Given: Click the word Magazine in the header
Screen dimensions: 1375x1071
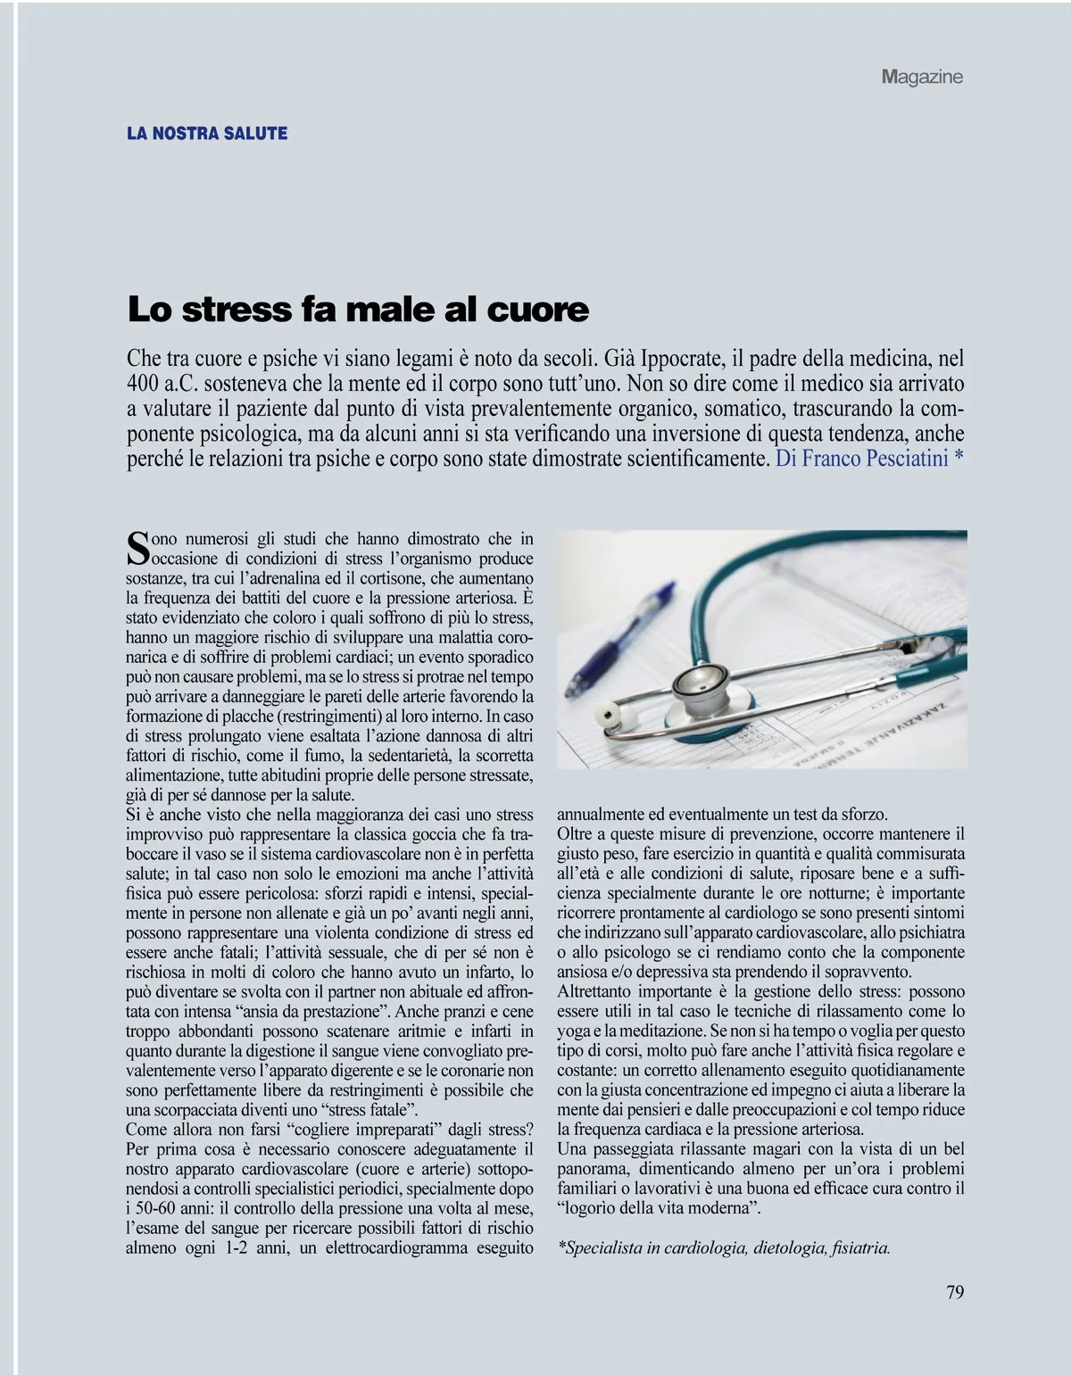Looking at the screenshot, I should coord(922,77).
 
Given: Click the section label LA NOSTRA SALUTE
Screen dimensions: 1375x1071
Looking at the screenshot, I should coord(207,134).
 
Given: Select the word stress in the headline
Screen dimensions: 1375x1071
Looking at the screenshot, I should coord(234,310).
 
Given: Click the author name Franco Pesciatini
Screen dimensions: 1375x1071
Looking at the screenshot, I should coord(872,460).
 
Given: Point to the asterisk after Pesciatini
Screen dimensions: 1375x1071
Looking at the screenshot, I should coord(959,459).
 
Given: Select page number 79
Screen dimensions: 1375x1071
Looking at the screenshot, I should coord(954,1292).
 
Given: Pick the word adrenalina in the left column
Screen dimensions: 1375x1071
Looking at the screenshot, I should coord(294,578).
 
